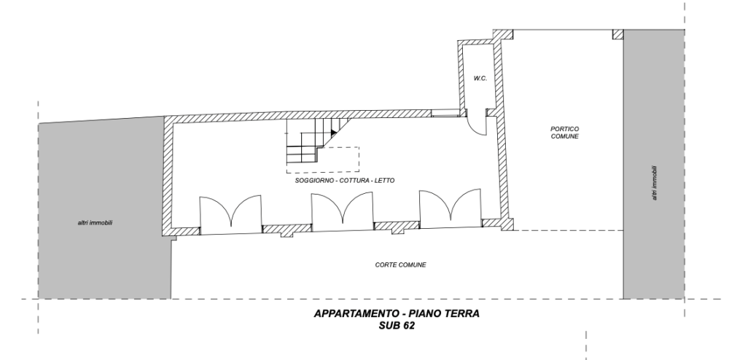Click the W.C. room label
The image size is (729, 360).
pos(479,78)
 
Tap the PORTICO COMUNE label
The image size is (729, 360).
pos(565,132)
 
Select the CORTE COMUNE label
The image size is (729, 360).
pos(400,265)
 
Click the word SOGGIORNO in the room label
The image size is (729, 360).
pos(314,180)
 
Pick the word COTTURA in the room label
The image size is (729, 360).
pos(354,180)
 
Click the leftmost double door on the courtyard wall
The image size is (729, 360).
pos(230,214)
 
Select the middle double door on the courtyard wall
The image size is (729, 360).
pos(342,213)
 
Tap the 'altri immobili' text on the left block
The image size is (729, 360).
pos(95,222)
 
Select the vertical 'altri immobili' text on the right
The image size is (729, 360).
pos(655,181)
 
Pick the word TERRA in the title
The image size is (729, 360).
pos(461,315)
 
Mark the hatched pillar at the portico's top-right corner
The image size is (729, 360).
pos(617,34)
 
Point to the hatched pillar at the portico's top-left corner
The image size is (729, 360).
pos(501,34)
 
